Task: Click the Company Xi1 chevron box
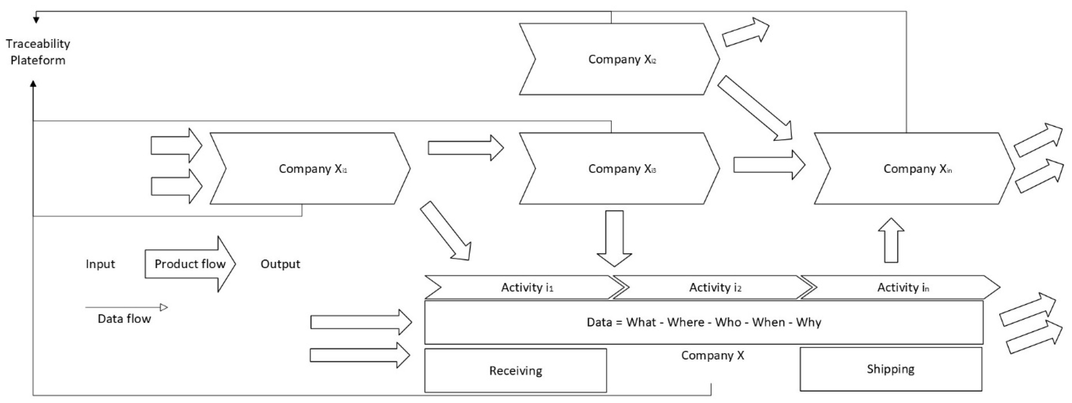coord(310,169)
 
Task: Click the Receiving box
coord(515,371)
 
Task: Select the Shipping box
coord(891,369)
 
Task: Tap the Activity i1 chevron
coord(524,287)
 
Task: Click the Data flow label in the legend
coord(124,319)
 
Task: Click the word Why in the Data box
coord(808,322)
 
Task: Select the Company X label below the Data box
coord(713,355)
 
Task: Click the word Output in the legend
coord(280,264)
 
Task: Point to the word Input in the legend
coord(100,264)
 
